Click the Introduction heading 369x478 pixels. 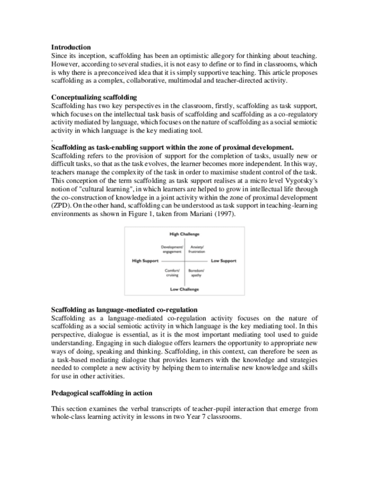coord(71,47)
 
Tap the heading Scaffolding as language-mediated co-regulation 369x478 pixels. coord(124,309)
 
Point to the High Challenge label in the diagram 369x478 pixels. coord(184,233)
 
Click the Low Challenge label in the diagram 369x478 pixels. coord(184,289)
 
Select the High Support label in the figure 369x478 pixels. coord(145,261)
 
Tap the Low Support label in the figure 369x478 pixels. coord(224,261)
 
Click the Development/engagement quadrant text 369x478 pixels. coord(172,249)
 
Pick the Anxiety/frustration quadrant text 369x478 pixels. coord(197,249)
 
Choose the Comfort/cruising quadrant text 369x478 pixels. coord(172,273)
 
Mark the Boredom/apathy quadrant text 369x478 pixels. coord(197,273)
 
